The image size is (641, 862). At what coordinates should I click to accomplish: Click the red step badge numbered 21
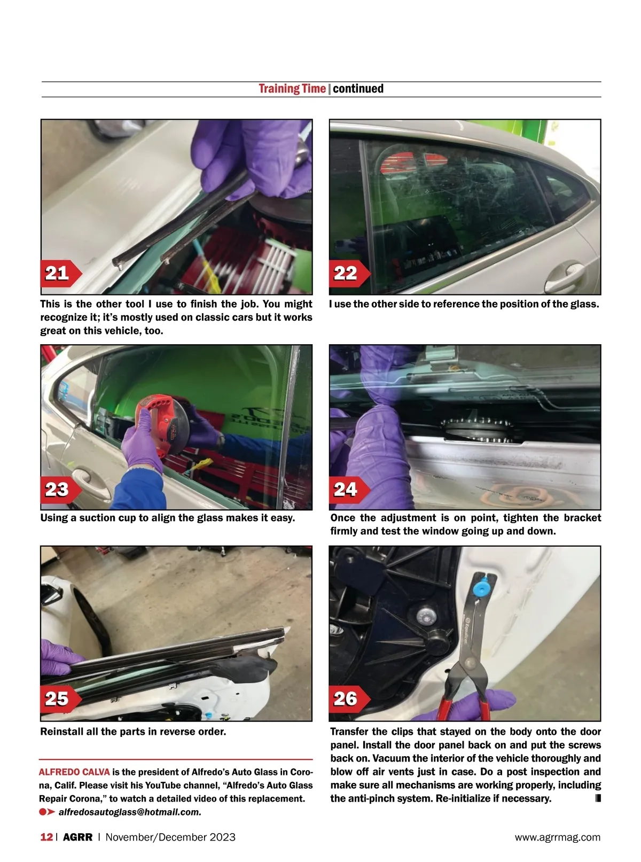coord(60,273)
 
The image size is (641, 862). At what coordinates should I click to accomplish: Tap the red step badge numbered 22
coord(349,273)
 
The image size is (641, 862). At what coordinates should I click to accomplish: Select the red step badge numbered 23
coord(60,490)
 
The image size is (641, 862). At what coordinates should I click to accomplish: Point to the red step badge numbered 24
coord(349,490)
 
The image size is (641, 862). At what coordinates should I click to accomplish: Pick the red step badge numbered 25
coord(60,699)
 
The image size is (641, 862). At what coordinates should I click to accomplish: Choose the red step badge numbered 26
coord(349,699)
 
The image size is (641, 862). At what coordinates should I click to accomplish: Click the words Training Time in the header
coord(292,89)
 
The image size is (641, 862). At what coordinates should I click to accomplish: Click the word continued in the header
coord(358,89)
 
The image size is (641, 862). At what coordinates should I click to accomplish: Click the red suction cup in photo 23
coord(162,424)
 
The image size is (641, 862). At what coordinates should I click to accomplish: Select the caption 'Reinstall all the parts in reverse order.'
coord(133,732)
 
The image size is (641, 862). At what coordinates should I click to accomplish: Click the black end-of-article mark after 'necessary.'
coord(598,798)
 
